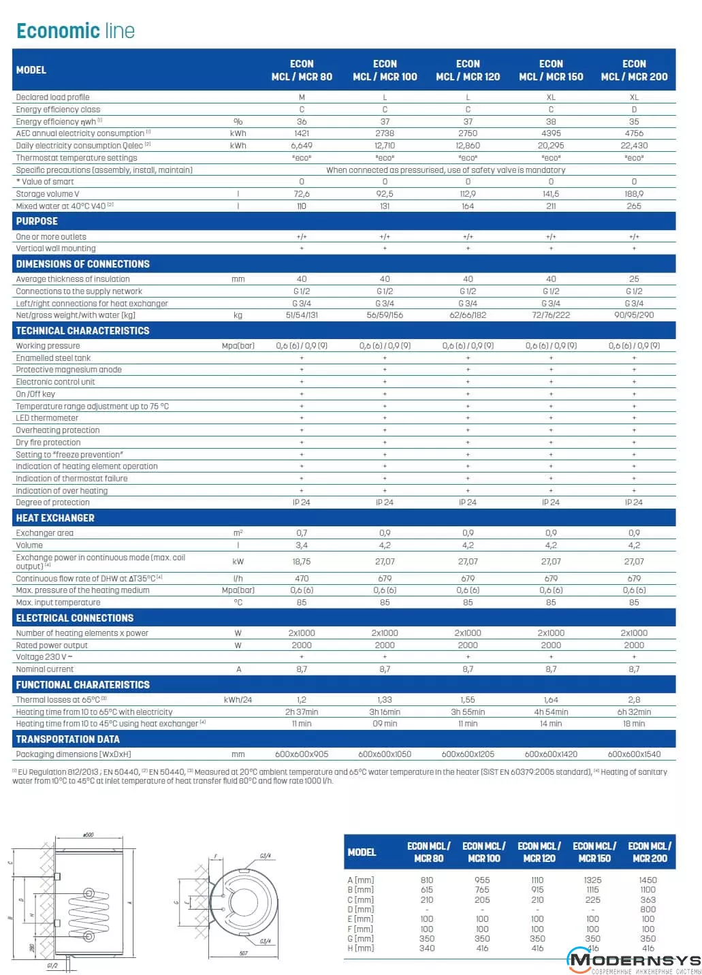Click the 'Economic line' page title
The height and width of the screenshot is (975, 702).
[x=76, y=31]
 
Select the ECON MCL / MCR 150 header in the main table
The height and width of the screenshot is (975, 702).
[x=551, y=70]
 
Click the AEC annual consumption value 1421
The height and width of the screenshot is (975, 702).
[x=302, y=133]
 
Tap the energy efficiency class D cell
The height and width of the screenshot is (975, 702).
[x=634, y=110]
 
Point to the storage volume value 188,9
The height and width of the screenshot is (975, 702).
[x=634, y=194]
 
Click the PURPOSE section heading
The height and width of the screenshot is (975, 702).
[x=37, y=221]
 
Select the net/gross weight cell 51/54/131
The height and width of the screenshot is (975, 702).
[x=302, y=315]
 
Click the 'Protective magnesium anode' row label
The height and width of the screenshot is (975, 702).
[x=69, y=370]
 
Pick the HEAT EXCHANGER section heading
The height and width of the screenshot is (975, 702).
[x=55, y=518]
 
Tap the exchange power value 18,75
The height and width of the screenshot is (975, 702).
[x=302, y=562]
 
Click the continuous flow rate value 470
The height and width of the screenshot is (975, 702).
[x=302, y=579]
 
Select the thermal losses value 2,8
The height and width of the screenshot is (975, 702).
[x=634, y=700]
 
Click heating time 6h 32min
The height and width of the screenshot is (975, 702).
[x=634, y=712]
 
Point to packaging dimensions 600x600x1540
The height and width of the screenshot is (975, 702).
[x=634, y=754]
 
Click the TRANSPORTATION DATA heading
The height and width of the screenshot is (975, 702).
[x=67, y=739]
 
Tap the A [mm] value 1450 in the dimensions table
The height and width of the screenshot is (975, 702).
[x=648, y=880]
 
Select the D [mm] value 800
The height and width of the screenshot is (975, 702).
[x=648, y=910]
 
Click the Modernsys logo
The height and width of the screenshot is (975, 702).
[x=633, y=961]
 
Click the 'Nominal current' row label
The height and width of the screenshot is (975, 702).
[x=45, y=669]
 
